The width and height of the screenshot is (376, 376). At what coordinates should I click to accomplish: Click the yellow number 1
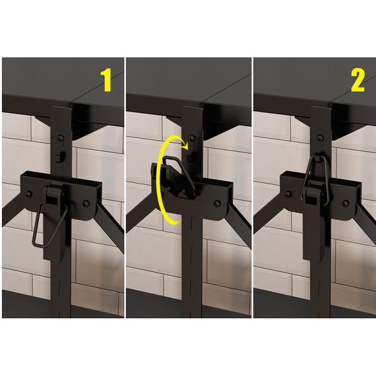106,80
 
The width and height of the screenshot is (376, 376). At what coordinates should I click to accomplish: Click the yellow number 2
358,80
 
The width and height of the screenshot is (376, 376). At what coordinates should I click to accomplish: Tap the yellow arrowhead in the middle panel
185,145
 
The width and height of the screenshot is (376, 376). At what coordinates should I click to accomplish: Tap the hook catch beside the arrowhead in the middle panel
191,157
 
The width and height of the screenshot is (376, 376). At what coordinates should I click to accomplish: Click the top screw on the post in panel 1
60,138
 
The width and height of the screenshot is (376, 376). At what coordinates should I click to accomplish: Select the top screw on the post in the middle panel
191,138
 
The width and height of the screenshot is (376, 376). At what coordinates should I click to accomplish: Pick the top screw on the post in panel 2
320,138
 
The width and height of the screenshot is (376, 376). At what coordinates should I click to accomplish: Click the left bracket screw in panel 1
29,194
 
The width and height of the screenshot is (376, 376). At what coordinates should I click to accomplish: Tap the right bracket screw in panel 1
86,204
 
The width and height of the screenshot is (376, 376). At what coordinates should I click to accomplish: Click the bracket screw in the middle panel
217,204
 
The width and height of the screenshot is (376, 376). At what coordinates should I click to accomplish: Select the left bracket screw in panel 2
288,194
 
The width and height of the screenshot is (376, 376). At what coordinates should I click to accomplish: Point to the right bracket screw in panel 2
345,204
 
